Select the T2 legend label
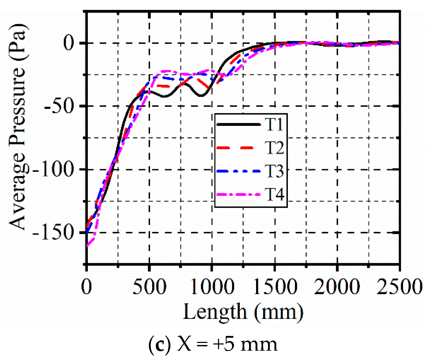pyautogui.click(x=275, y=148)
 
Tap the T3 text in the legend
pyautogui.click(x=275, y=171)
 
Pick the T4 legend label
pyautogui.click(x=275, y=194)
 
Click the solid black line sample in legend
pyautogui.click(x=238, y=124)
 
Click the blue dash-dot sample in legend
pyautogui.click(x=238, y=171)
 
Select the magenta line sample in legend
pyautogui.click(x=238, y=194)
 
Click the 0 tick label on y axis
pyautogui.click(x=69, y=43)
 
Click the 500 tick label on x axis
pyautogui.click(x=149, y=287)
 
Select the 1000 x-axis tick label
pyautogui.click(x=212, y=287)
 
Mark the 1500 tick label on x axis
pyautogui.click(x=275, y=287)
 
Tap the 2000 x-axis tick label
pyautogui.click(x=337, y=287)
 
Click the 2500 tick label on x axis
pyautogui.click(x=400, y=287)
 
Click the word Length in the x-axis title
pyautogui.click(x=215, y=312)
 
